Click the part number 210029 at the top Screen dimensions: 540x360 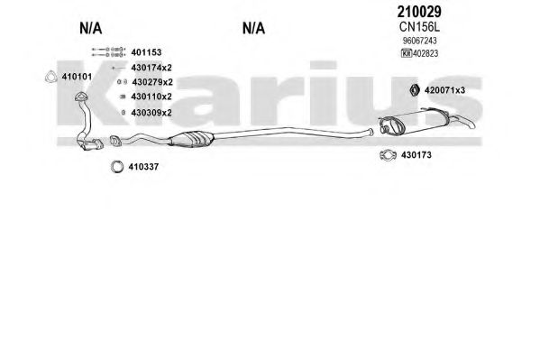point(419,12)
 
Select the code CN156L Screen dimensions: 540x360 point(419,27)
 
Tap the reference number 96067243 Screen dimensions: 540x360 point(420,41)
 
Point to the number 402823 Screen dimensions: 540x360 point(426,53)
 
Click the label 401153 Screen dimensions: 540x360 point(146,52)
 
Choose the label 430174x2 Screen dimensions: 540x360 point(151,68)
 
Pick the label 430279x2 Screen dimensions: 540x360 point(152,82)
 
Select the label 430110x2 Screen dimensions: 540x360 point(151,97)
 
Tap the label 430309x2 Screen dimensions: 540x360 point(151,113)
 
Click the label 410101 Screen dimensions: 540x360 point(77,77)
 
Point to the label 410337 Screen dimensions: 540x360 point(143,167)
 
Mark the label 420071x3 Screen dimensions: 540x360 point(444,90)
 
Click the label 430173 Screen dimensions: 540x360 point(416,155)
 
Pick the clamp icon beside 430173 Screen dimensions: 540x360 point(382,155)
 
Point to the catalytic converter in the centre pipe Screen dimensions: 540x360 point(191,139)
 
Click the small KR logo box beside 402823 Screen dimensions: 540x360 point(407,53)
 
